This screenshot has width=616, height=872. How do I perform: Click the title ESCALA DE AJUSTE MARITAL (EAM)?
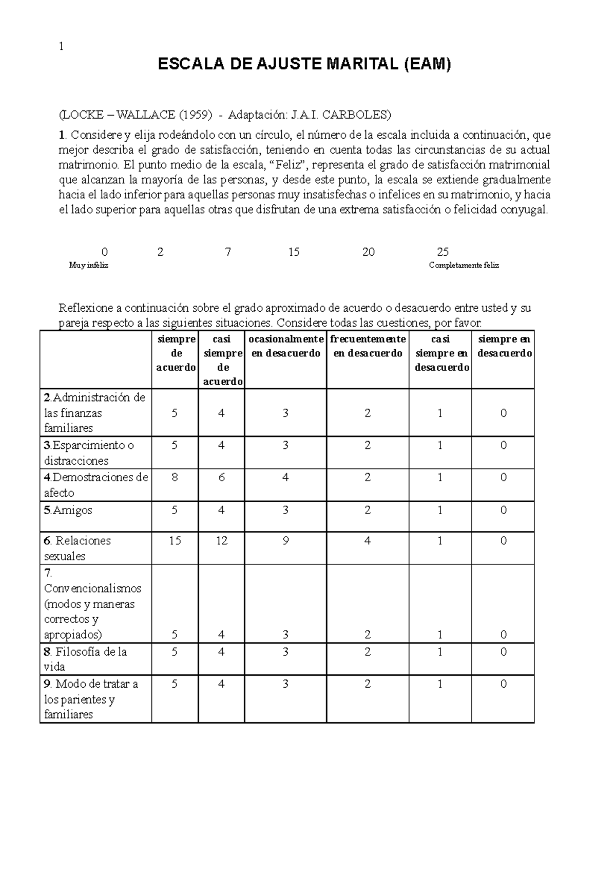pyautogui.click(x=304, y=64)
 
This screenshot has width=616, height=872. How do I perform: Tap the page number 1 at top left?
pyautogui.click(x=61, y=46)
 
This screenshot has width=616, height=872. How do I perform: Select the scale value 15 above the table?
pyautogui.click(x=294, y=252)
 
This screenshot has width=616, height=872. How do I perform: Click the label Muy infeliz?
pyautogui.click(x=88, y=266)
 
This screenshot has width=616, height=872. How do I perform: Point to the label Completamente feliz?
pyautogui.click(x=464, y=266)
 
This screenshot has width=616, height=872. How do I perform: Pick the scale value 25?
pyautogui.click(x=442, y=252)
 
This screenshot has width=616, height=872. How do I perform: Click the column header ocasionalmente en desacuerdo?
pyautogui.click(x=285, y=346)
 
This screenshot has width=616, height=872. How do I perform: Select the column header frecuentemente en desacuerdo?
pyautogui.click(x=368, y=346)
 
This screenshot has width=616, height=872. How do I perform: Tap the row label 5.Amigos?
pyautogui.click(x=68, y=510)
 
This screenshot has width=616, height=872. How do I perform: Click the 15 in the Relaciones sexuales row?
pyautogui.click(x=175, y=541)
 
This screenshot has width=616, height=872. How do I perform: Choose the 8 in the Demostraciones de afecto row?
pyautogui.click(x=175, y=478)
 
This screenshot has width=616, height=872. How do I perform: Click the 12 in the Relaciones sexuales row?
pyautogui.click(x=221, y=541)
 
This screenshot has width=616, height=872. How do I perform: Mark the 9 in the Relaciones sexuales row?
pyautogui.click(x=285, y=541)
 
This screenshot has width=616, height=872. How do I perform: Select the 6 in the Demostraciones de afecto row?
pyautogui.click(x=221, y=478)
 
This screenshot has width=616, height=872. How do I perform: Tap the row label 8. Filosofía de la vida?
pyautogui.click(x=85, y=659)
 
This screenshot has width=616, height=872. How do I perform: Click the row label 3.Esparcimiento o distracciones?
pyautogui.click(x=88, y=452)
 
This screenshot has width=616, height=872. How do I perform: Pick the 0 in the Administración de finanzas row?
pyautogui.click(x=503, y=413)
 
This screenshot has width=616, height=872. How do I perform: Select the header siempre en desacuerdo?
pyautogui.click(x=503, y=346)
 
